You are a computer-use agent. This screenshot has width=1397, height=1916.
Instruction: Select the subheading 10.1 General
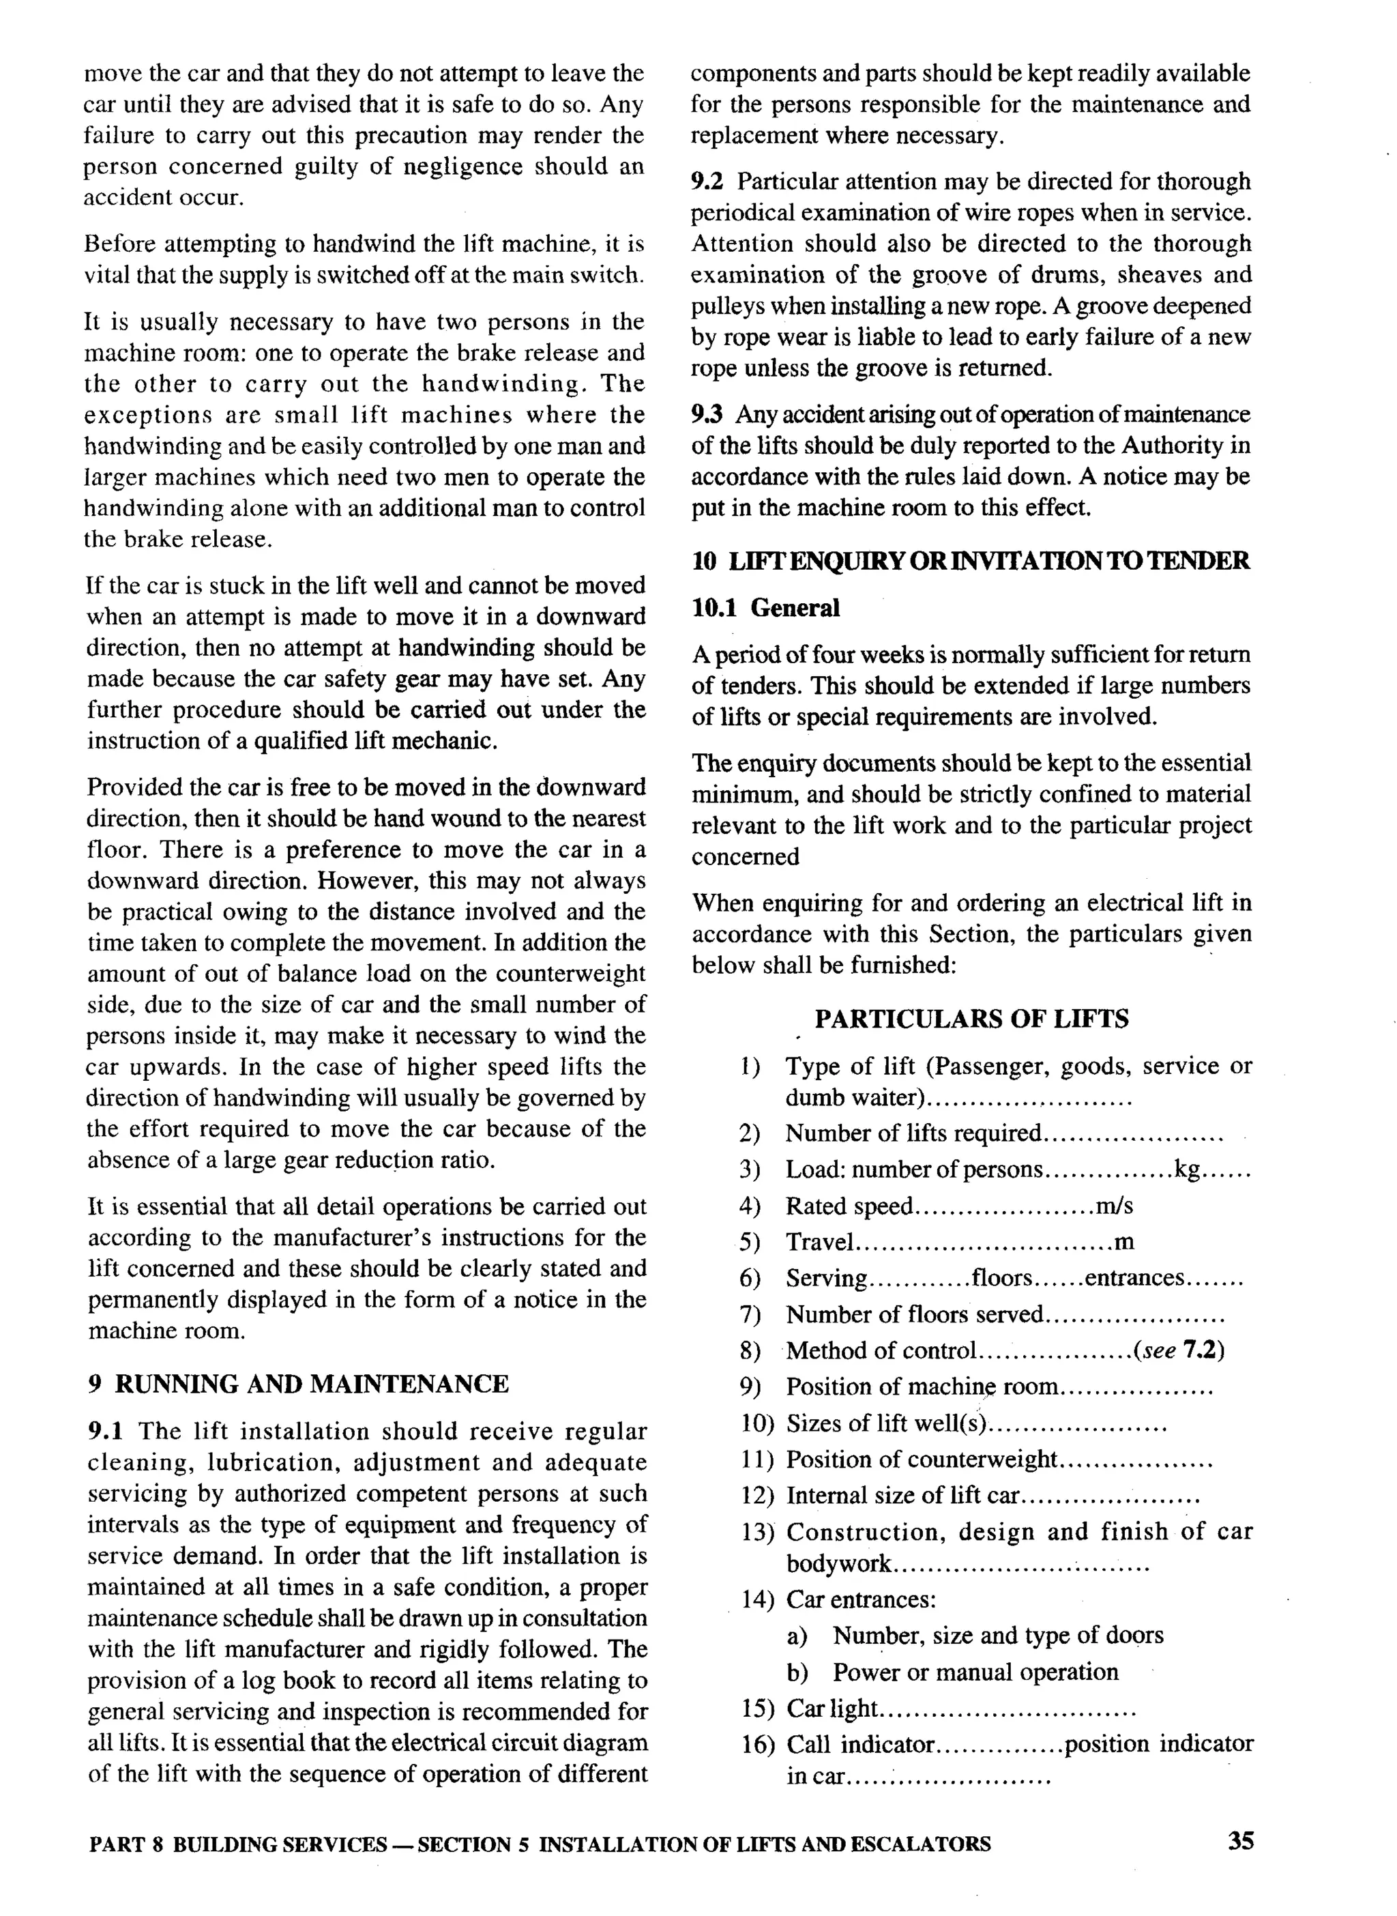(x=765, y=607)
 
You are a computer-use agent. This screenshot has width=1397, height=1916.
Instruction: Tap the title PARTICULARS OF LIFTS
(x=971, y=1019)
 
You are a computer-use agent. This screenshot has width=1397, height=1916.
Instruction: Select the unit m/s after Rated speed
(x=1114, y=1206)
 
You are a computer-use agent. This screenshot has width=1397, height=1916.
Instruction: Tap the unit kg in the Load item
(x=1186, y=1170)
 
